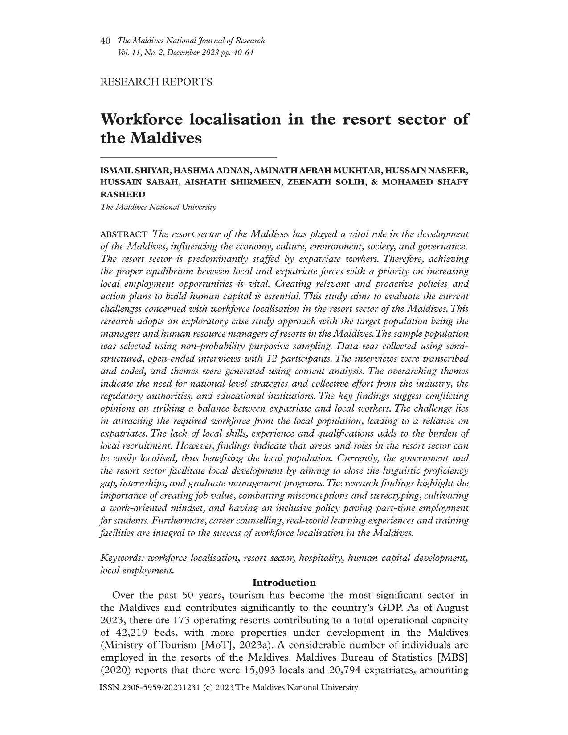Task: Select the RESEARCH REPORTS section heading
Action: point(156,82)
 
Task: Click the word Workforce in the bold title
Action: point(142,120)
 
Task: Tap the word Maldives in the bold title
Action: point(166,138)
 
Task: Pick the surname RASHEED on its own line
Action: point(123,195)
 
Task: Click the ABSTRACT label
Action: point(124,235)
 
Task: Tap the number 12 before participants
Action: point(272,359)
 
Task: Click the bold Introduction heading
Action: point(284,583)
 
